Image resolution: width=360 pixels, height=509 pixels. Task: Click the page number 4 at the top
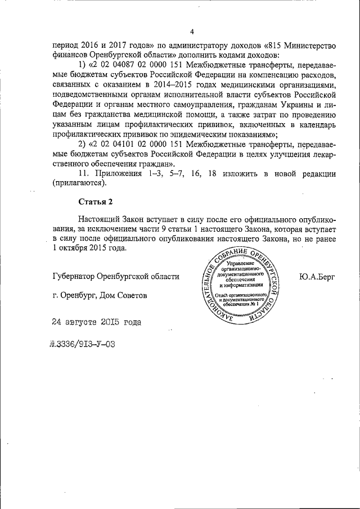click(x=191, y=31)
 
